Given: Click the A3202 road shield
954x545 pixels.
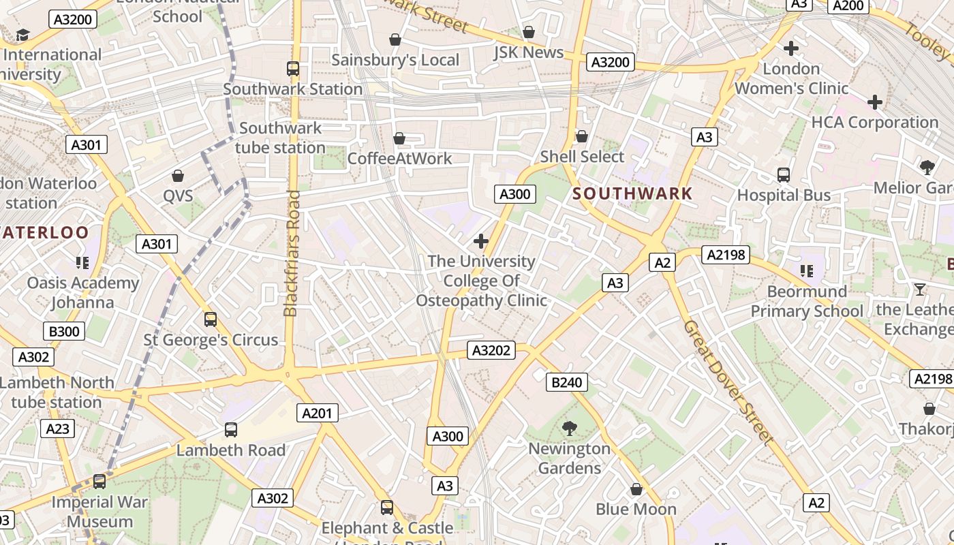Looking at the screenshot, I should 491,350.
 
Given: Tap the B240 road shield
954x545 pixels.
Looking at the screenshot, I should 566,382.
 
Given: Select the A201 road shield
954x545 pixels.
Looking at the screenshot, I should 318,412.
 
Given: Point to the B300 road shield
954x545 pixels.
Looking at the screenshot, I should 64,332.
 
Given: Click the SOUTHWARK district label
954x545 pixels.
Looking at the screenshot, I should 632,193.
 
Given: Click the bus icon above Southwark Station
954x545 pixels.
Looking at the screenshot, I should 293,68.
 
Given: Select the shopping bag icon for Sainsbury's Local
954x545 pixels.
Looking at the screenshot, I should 395,40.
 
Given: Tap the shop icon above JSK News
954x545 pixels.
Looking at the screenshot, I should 528,32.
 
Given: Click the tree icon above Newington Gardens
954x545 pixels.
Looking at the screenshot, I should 569,428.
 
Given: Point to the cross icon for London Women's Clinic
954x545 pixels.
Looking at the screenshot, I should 790,48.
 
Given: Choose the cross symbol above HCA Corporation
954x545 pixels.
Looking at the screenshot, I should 875,102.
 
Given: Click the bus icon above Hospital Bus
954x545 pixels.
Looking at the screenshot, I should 784,175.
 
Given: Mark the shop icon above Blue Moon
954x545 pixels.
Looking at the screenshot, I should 636,489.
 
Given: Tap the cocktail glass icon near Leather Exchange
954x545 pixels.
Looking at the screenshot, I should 919,290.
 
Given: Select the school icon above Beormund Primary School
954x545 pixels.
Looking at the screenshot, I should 807,271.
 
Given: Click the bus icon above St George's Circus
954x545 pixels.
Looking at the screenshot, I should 211,319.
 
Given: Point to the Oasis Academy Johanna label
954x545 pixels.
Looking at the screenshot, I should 82,292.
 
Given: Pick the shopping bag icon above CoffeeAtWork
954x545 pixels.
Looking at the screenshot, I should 399,139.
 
